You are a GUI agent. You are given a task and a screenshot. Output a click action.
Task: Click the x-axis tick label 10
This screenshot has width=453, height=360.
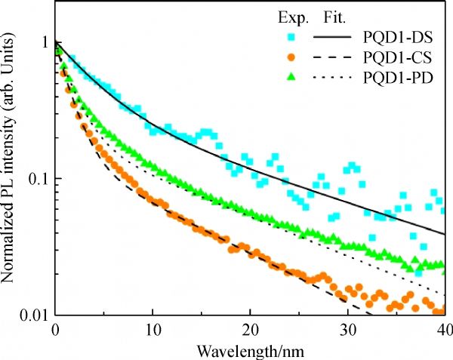coord(153,331)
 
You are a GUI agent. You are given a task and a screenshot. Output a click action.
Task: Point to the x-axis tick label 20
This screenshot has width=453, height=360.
coord(250,331)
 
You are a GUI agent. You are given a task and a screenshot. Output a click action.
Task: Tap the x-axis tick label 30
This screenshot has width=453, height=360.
coord(347,331)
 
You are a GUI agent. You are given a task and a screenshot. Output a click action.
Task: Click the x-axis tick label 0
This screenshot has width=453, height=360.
coord(55,331)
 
